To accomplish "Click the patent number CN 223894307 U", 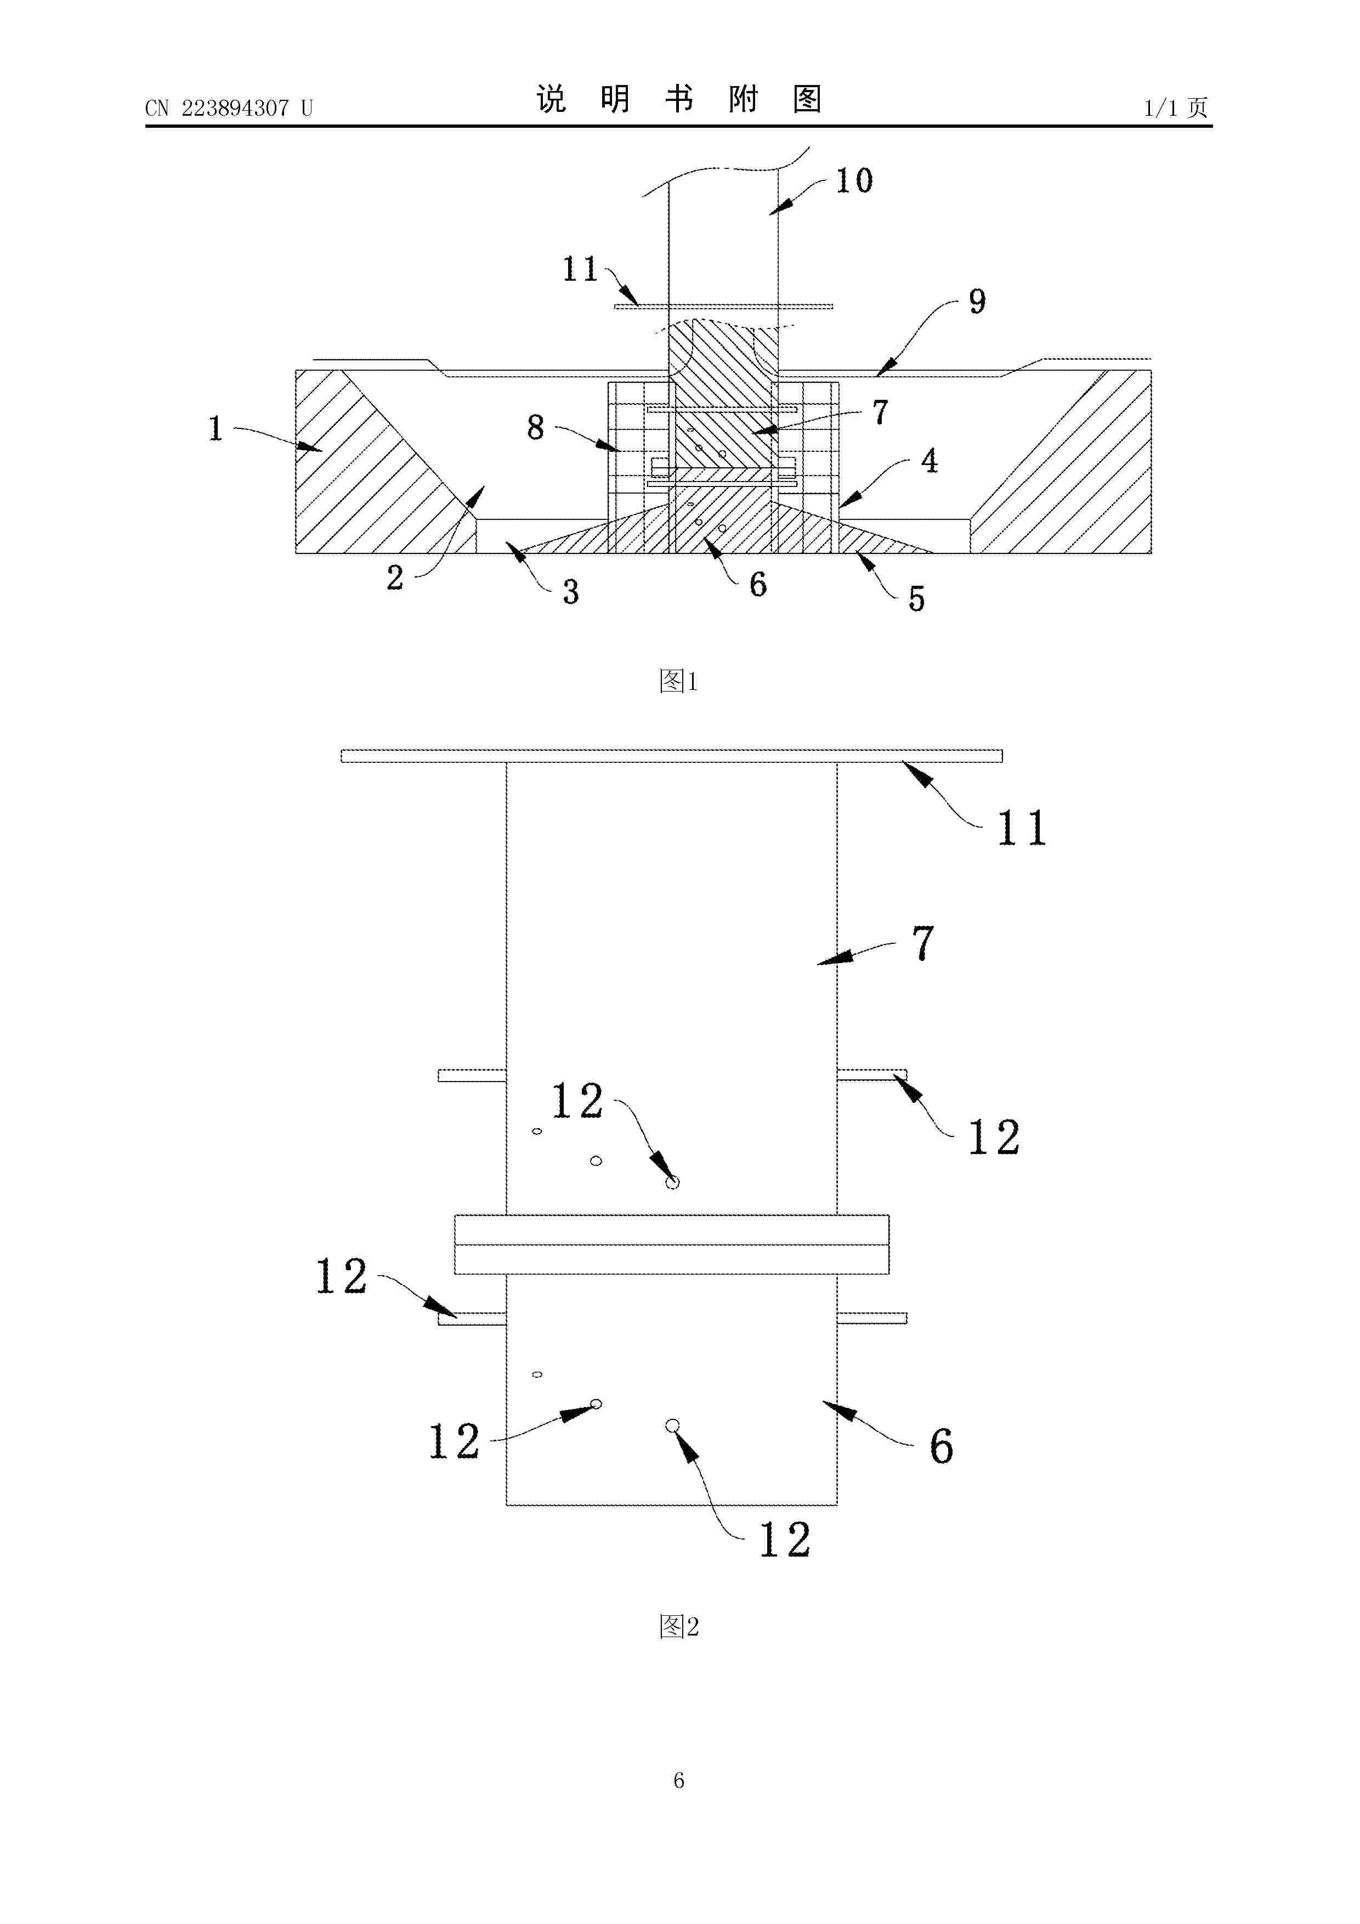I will [228, 108].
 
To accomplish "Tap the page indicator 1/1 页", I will [1176, 108].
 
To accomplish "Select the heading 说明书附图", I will [679, 100].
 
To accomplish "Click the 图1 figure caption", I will [679, 681].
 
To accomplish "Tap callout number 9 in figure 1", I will [977, 302].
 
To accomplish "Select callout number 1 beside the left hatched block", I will [216, 429].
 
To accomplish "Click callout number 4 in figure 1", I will [930, 461].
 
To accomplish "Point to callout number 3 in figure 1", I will [571, 592].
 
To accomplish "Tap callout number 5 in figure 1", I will [917, 599].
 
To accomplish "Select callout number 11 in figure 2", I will [1022, 828].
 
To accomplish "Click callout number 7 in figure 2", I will [922, 943].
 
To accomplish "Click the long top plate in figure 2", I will [671, 756].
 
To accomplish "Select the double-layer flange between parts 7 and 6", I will [671, 1244].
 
